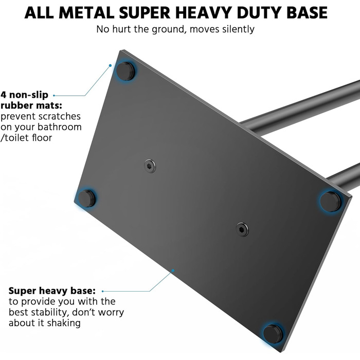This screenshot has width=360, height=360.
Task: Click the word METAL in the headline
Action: point(86,13)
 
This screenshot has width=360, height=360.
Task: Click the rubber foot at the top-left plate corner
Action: point(125,71)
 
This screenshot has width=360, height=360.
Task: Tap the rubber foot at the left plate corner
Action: point(86,199)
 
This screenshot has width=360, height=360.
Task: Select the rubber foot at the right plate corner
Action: point(330,202)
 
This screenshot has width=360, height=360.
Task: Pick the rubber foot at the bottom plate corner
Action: point(273,334)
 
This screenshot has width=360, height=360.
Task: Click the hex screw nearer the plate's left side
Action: point(150,166)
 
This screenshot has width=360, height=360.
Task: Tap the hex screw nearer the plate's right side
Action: point(242,229)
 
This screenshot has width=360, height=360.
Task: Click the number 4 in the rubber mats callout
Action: point(3,95)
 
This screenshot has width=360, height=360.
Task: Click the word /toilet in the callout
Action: point(14,137)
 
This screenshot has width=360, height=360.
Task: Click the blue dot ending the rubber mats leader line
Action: point(110,65)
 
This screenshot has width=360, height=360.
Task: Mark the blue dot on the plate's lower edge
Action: point(173,271)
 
